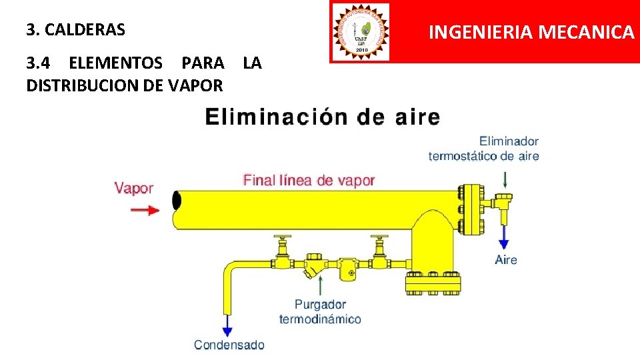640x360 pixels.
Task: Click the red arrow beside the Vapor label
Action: tap(144, 210)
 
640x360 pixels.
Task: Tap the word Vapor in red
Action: tap(134, 189)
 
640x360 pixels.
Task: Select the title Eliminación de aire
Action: tap(323, 117)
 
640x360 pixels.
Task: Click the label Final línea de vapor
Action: tap(309, 180)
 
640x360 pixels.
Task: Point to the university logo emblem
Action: tap(360, 31)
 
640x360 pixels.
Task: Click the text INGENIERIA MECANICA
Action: tap(531, 31)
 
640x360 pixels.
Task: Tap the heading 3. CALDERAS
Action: tap(76, 30)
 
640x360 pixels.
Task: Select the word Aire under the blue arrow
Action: tap(506, 260)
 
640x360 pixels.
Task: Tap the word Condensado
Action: tap(229, 345)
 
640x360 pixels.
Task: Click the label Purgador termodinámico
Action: tap(320, 312)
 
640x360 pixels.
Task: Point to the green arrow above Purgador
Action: tap(321, 285)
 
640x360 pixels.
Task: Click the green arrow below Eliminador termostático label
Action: tap(505, 179)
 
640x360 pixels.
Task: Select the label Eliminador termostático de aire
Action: tap(484, 149)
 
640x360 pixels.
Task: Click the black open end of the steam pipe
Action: tap(176, 200)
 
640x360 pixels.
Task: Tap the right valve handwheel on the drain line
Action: tap(380, 238)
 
